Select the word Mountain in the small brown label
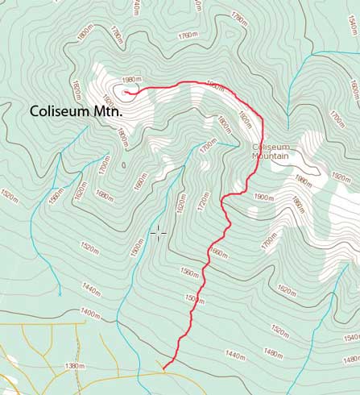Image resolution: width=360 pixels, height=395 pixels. pyautogui.click(x=271, y=156)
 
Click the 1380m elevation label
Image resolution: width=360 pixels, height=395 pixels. pyautogui.click(x=74, y=366)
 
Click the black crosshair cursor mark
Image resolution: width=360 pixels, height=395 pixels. pyautogui.click(x=158, y=233)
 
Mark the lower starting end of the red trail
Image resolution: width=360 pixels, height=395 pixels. pyautogui.click(x=163, y=369)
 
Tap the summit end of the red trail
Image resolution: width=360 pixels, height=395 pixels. pyautogui.click(x=126, y=91)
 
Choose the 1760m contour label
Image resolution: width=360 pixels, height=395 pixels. pyautogui.click(x=188, y=35)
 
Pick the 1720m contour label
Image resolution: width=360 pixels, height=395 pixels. pyautogui.click(x=204, y=198)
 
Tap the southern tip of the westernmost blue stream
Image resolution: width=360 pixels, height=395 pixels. pyautogui.click(x=60, y=295)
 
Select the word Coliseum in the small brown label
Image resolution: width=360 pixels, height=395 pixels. pyautogui.click(x=269, y=147)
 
